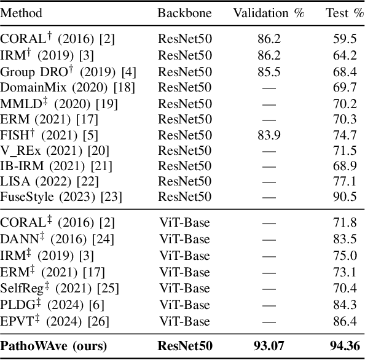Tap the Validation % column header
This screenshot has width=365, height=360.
(269, 13)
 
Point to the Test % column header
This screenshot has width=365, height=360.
(345, 13)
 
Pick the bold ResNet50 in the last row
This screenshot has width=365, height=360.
(185, 346)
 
